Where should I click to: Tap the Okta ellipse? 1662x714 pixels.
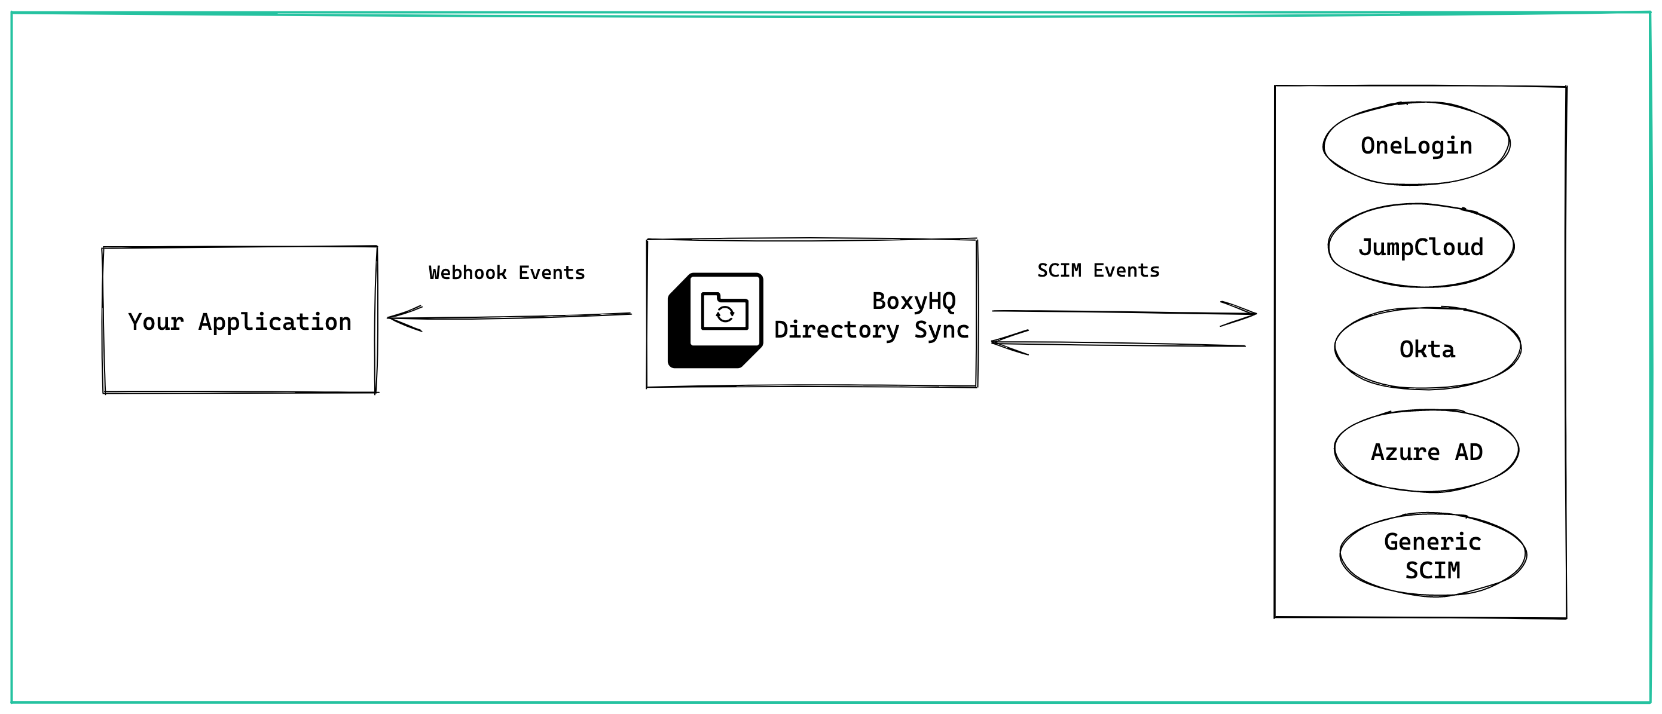1427,349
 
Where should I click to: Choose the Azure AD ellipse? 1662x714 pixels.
1426,452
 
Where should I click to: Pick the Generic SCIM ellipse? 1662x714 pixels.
1432,555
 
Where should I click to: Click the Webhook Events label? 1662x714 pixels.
506,273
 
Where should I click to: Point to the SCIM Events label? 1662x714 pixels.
1098,270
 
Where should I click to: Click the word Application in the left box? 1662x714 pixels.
274,322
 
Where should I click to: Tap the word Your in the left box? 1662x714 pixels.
155,322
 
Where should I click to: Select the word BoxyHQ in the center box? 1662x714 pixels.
914,301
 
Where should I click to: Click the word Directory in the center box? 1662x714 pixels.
836,330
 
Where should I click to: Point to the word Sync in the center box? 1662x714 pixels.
942,330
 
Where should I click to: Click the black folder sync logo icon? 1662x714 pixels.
715,321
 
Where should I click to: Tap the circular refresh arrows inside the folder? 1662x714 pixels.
725,314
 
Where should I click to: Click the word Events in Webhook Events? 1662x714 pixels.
552,273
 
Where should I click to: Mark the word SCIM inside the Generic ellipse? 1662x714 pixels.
1432,570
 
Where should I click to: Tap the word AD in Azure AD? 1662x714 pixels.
1469,452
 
